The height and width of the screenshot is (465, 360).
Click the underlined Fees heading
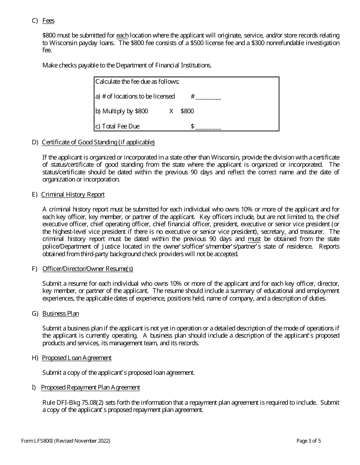(x=49, y=20)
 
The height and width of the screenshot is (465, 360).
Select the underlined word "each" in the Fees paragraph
(x=122, y=35)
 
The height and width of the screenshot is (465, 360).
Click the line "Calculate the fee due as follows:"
(x=137, y=81)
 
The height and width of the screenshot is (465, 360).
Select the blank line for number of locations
(x=208, y=97)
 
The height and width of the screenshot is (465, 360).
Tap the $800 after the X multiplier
(x=187, y=111)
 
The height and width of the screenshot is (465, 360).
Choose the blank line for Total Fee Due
(x=208, y=127)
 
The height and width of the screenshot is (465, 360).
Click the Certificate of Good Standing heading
(x=98, y=142)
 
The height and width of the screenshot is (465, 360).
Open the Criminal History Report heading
(x=73, y=194)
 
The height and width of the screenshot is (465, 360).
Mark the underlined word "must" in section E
(x=254, y=239)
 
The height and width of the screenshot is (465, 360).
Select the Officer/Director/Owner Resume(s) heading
(x=88, y=269)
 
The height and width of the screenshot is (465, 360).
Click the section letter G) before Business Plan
(x=35, y=313)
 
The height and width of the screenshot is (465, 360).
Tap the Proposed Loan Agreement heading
(x=77, y=358)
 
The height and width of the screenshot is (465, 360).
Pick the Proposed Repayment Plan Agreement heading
(x=90, y=387)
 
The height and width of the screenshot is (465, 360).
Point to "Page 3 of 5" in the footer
(x=309, y=441)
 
